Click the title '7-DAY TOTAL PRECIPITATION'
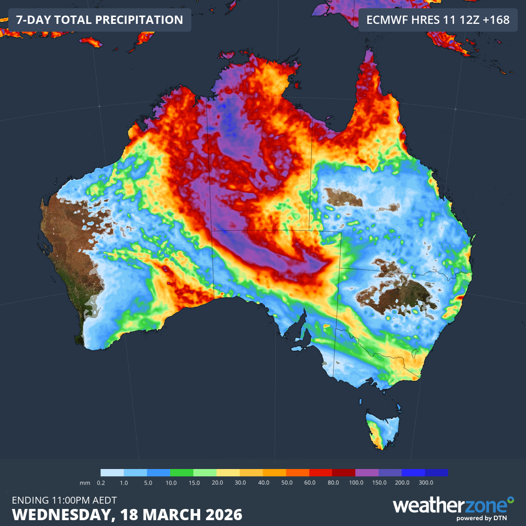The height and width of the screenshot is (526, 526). point(100,20)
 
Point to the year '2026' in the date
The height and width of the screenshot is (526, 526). point(223,514)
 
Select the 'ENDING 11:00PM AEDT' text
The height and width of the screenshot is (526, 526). point(64,500)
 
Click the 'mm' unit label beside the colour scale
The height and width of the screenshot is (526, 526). point(85,482)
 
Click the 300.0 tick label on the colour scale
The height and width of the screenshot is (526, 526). point(425,482)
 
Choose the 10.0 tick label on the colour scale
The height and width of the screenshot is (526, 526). point(170,482)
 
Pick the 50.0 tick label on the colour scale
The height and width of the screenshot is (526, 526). point(286,482)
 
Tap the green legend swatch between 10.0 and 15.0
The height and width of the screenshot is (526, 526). point(182,472)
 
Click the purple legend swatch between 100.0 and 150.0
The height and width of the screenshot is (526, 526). point(367,472)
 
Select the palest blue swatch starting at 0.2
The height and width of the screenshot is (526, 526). point(112,472)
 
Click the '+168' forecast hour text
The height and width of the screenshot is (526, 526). point(494,20)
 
